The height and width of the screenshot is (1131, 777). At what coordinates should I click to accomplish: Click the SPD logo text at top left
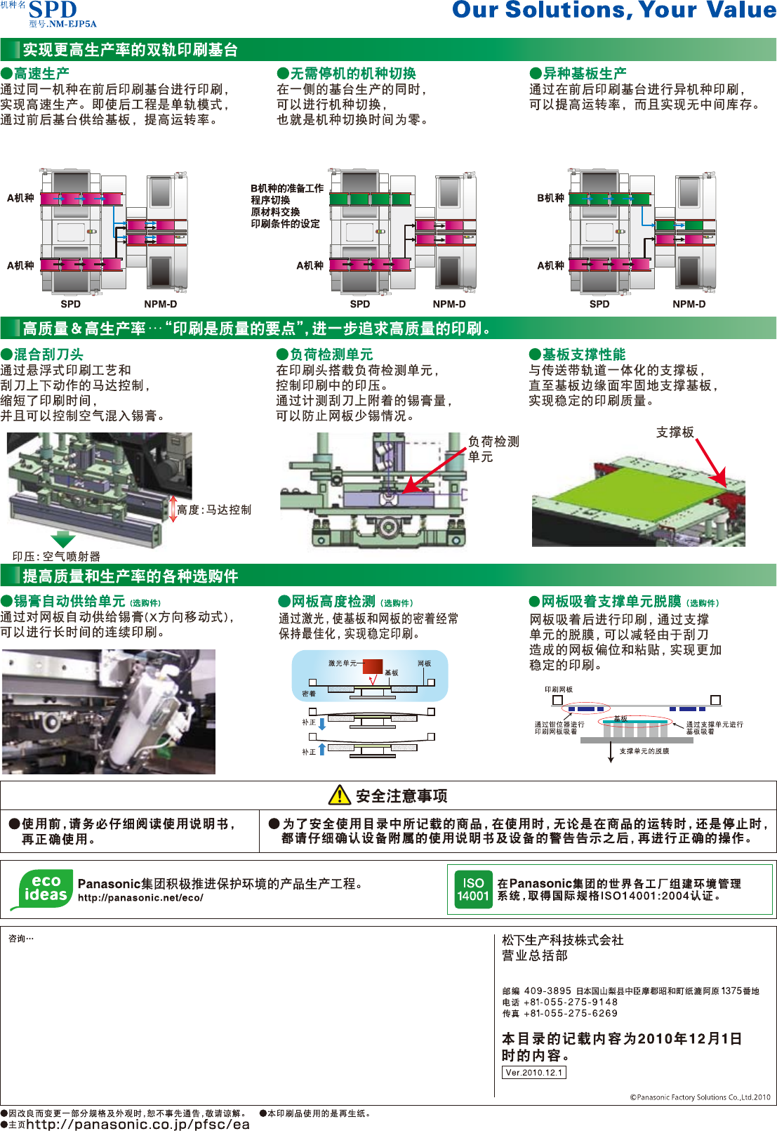tap(53, 10)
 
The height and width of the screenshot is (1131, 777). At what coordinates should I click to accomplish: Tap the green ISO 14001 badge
tap(473, 889)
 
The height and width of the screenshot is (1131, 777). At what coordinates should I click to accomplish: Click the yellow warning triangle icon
tap(339, 795)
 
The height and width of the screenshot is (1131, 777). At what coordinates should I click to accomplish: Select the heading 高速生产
tap(41, 73)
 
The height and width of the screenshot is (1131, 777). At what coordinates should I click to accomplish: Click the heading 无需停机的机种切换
tap(353, 73)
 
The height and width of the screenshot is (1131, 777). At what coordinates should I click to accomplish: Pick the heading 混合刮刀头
tap(48, 355)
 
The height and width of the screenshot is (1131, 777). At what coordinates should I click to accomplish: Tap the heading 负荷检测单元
tap(331, 355)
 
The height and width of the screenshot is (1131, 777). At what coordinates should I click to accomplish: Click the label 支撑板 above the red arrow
tap(675, 432)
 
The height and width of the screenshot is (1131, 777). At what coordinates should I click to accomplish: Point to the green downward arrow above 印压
tap(62, 539)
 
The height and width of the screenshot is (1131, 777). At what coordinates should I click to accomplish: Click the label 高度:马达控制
tap(214, 510)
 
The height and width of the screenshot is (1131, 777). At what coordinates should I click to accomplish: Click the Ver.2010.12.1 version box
tap(533, 1072)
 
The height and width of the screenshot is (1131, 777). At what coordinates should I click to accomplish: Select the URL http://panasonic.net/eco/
tap(140, 897)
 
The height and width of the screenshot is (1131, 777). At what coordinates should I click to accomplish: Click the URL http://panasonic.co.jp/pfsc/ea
tap(138, 1124)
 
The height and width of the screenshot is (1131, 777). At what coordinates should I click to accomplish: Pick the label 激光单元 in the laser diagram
tap(342, 663)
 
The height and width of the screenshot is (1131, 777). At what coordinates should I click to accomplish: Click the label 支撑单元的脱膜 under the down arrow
tap(644, 751)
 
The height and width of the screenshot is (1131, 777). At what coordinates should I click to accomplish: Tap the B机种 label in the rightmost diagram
tap(550, 198)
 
